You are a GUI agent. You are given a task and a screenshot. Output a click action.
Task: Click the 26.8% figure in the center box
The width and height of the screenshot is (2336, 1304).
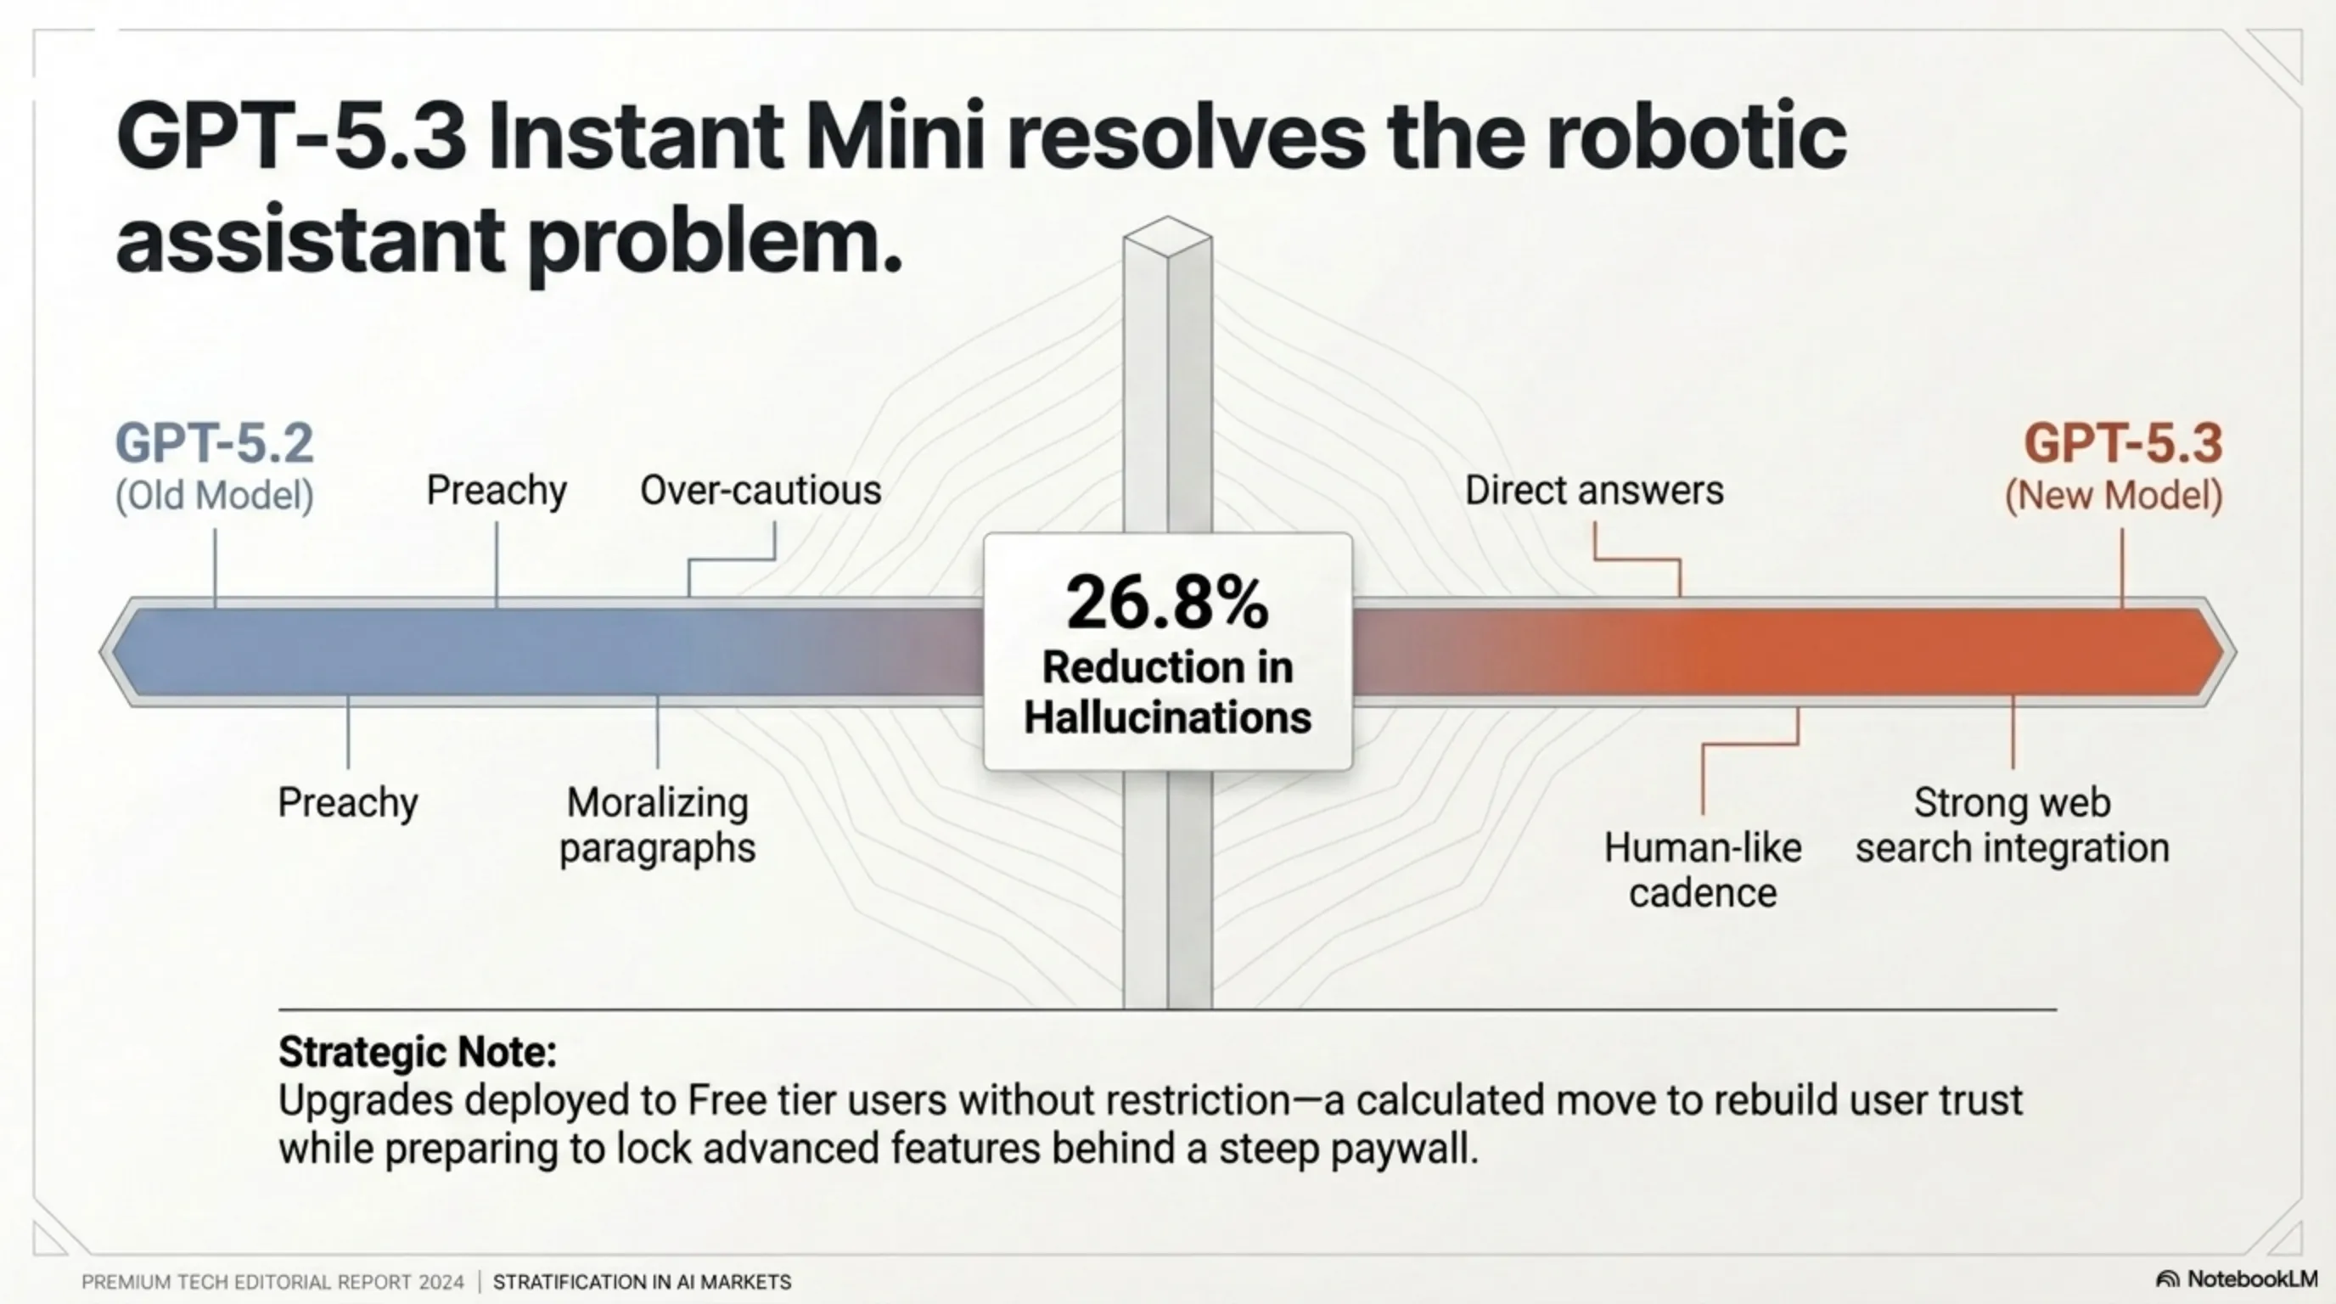pos(1167,603)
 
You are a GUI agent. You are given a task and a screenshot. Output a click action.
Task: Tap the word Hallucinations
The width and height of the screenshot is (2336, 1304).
pos(1167,718)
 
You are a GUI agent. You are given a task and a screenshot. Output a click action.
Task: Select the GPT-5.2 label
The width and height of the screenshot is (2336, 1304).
pos(214,443)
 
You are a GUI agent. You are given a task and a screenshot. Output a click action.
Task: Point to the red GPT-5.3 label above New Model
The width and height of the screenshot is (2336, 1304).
pos(2123,443)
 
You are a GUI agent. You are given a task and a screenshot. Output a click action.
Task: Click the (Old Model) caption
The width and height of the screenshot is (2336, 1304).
pos(214,496)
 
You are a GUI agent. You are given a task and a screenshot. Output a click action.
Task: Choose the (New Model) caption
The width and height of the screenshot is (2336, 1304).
pos(2113,496)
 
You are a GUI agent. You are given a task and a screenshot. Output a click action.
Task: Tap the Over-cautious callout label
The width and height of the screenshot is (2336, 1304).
pos(760,491)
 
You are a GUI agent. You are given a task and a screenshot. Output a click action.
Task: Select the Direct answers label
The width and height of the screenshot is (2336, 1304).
pos(1593,491)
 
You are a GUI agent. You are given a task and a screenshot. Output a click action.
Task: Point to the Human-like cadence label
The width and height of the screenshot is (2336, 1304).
pos(1702,870)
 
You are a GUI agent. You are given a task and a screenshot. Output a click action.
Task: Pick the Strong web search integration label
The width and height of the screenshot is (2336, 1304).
pos(2012,825)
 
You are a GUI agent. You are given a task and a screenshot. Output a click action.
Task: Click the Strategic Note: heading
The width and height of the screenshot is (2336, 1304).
pos(417,1052)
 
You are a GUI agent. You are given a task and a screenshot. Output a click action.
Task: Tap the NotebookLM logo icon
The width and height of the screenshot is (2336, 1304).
pos(2166,1279)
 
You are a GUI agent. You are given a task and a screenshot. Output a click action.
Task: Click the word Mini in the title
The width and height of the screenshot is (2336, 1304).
pos(893,138)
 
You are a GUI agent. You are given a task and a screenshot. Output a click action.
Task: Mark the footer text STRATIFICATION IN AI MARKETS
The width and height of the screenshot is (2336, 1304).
pos(642,1282)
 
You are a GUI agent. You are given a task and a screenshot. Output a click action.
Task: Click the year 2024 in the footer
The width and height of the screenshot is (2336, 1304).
pos(441,1282)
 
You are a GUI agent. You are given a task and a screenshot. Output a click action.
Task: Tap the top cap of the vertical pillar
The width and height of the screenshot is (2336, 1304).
pos(1167,235)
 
